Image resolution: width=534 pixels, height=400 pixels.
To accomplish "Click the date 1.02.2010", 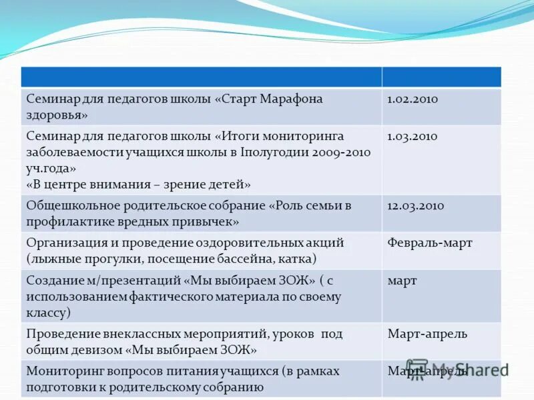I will click(413, 99).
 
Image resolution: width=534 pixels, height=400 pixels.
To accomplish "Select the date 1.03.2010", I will click(413, 136).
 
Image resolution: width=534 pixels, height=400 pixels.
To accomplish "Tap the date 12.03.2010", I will click(416, 205).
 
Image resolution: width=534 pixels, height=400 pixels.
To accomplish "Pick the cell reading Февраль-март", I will click(430, 243).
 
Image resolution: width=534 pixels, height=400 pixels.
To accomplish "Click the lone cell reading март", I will click(402, 280).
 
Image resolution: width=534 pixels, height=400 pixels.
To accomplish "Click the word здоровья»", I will click(58, 115).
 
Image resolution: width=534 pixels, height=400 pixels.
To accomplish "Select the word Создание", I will click(53, 280).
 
